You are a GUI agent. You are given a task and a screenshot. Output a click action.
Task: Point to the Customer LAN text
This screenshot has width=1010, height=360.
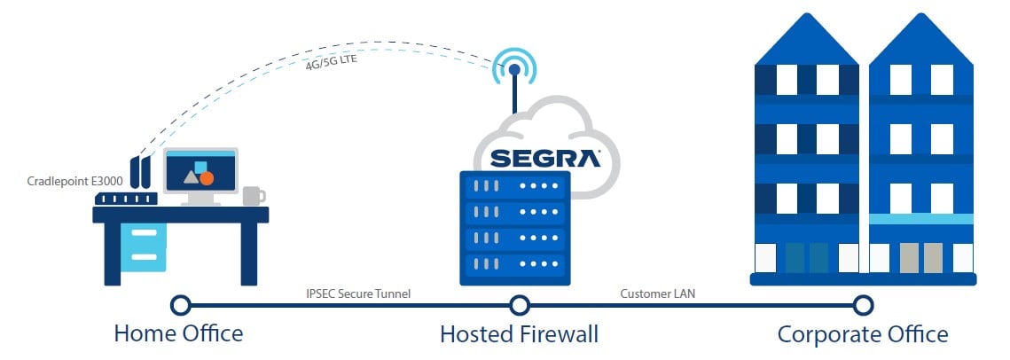tap(656, 293)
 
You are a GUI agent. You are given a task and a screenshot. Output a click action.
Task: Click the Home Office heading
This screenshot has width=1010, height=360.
tap(178, 334)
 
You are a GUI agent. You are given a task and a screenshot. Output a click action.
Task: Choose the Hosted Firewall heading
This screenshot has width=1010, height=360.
tap(519, 334)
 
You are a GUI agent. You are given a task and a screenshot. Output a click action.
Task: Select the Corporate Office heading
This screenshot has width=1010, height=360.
tap(862, 334)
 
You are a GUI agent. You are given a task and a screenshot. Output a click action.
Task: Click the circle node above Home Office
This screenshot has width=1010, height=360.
tap(180, 305)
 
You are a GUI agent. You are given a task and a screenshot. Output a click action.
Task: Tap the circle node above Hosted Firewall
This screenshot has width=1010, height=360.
tap(520, 305)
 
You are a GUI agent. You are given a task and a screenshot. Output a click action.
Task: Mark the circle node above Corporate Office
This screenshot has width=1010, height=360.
tap(862, 305)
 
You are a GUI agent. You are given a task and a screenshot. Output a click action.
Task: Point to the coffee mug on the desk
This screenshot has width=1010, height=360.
tap(252, 195)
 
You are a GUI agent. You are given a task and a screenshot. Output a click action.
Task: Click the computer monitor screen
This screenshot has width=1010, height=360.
tap(200, 172)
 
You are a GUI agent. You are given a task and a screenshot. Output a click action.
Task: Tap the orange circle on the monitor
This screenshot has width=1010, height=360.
tap(207, 178)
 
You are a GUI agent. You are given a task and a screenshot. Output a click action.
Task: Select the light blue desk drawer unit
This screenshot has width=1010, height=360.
tap(143, 246)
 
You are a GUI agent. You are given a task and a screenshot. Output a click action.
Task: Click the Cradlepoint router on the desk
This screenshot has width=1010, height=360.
tap(126, 199)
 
